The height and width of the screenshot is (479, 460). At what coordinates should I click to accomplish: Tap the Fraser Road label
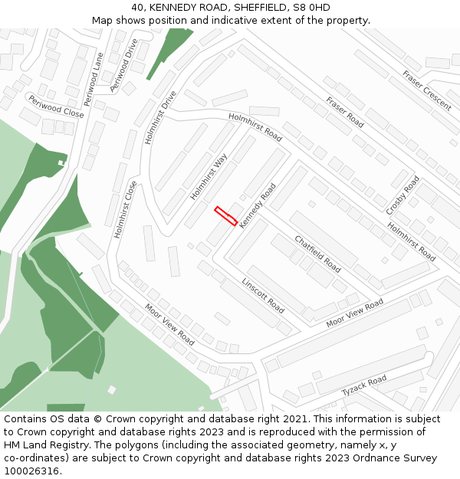click(344, 112)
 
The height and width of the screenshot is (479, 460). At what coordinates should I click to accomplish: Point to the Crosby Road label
click(402, 195)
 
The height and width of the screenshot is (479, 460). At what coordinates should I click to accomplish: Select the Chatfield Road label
click(317, 254)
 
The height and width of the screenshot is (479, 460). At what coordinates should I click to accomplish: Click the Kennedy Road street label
click(257, 205)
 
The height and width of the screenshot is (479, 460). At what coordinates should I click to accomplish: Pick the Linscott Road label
click(263, 295)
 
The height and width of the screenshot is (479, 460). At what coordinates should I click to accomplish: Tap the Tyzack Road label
click(364, 385)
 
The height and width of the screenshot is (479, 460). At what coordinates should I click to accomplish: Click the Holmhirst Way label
click(209, 177)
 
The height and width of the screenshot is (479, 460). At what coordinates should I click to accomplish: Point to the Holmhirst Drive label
click(159, 118)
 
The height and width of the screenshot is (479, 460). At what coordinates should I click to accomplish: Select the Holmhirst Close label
click(126, 209)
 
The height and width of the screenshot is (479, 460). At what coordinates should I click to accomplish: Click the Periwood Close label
click(56, 107)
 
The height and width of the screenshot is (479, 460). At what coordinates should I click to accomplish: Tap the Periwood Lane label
click(93, 79)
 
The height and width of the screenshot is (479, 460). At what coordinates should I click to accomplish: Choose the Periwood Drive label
click(123, 65)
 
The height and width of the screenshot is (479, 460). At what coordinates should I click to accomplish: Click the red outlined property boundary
click(225, 215)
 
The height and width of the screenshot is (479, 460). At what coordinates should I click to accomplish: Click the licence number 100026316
click(31, 471)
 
